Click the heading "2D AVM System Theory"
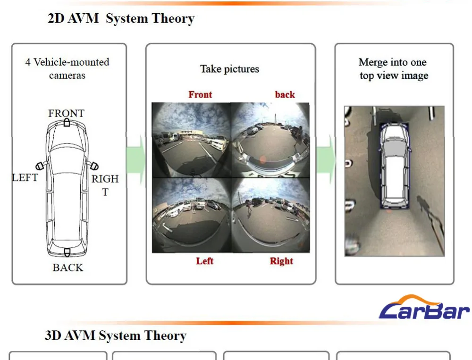121,18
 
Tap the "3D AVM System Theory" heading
116,335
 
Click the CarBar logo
424,307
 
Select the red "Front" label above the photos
200,94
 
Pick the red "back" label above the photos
285,94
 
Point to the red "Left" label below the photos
205,260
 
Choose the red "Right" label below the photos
281,261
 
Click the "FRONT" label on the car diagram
66,113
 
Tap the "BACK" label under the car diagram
67,268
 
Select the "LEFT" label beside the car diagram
25,177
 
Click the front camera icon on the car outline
67,122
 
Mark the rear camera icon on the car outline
67,252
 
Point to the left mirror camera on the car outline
40,166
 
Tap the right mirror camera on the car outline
94,166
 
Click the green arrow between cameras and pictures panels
136,159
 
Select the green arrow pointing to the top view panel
326,159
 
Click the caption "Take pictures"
230,69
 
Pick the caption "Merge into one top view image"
394,68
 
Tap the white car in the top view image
395,166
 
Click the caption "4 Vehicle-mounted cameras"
67,68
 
